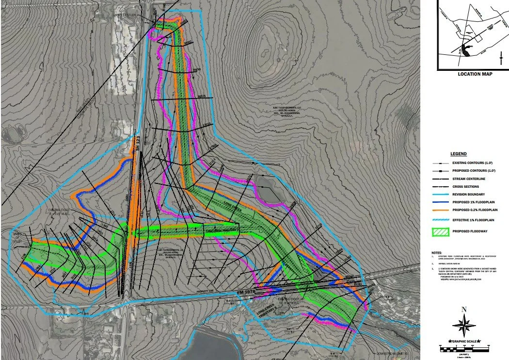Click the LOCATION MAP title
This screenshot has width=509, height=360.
475,74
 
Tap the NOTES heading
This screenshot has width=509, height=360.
437,253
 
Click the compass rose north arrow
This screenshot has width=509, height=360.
464,324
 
